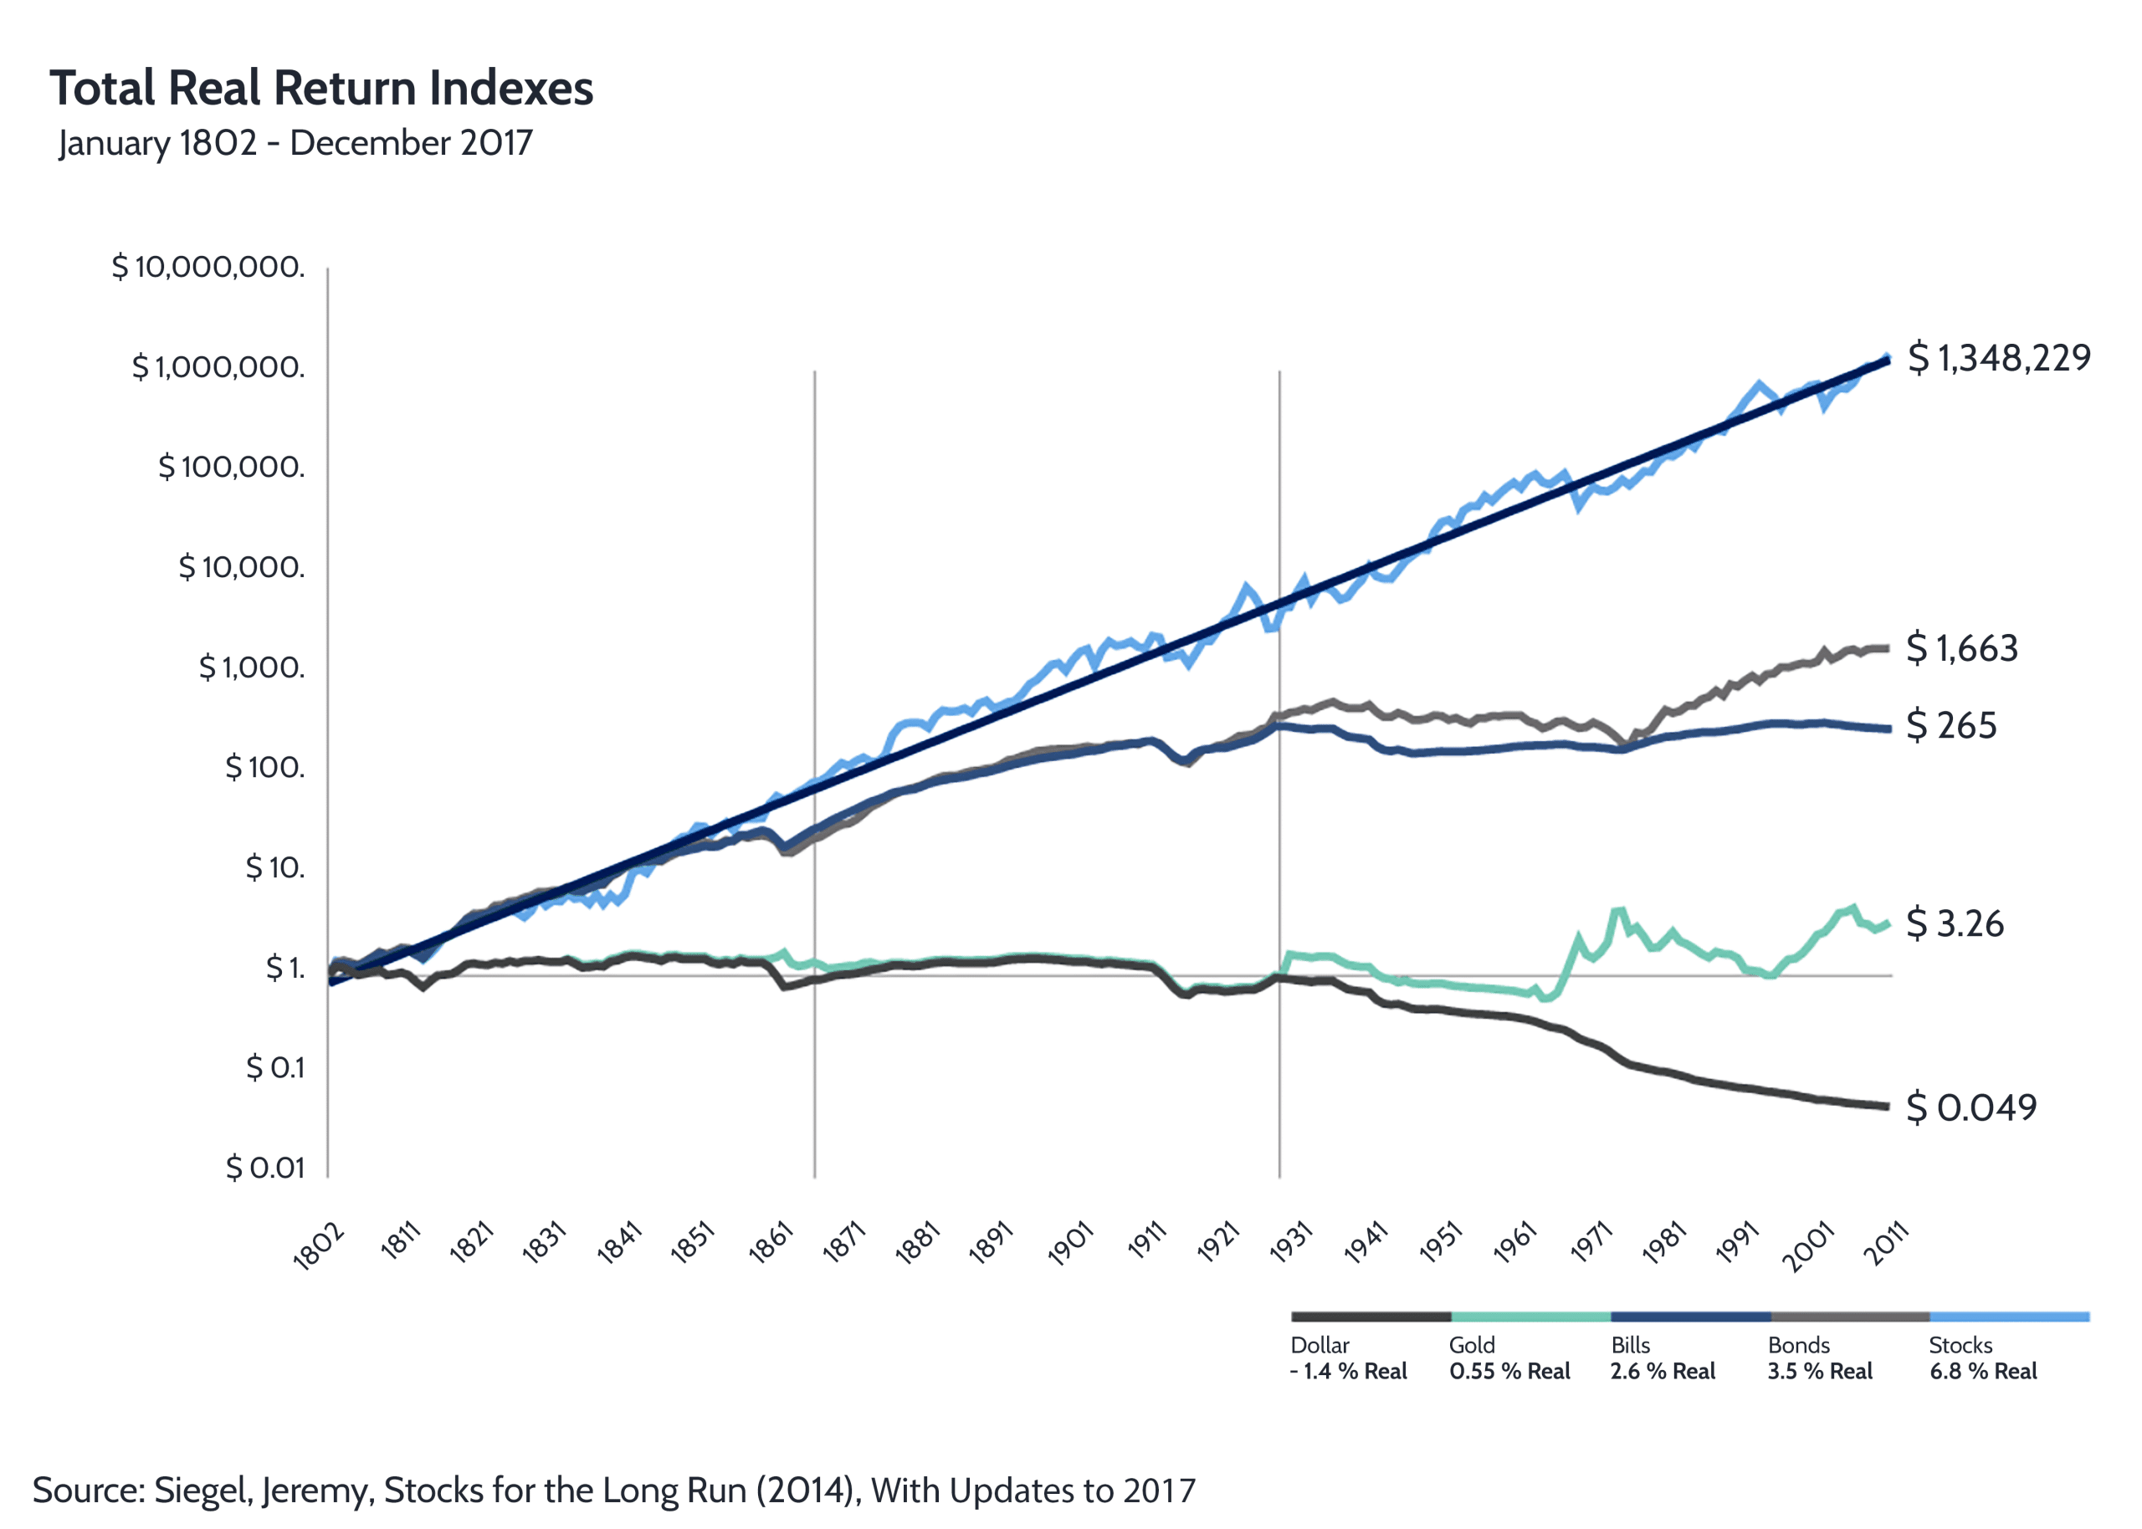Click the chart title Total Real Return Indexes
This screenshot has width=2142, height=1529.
321,88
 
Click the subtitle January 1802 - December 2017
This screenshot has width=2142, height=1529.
295,143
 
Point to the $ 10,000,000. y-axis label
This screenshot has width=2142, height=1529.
208,267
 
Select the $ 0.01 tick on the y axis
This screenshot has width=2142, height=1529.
265,1168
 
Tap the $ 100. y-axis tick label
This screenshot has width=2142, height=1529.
264,767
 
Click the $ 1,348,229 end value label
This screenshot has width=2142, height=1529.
1998,358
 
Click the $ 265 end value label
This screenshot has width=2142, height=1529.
1951,725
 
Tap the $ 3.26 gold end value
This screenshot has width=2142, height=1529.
1955,923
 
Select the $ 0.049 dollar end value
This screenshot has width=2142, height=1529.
1970,1107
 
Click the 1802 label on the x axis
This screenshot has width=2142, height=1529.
319,1247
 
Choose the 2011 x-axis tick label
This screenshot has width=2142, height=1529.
1886,1243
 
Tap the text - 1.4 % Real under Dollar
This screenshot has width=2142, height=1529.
1348,1371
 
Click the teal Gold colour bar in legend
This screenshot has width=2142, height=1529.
1530,1317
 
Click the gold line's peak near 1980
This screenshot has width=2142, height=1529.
1618,909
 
